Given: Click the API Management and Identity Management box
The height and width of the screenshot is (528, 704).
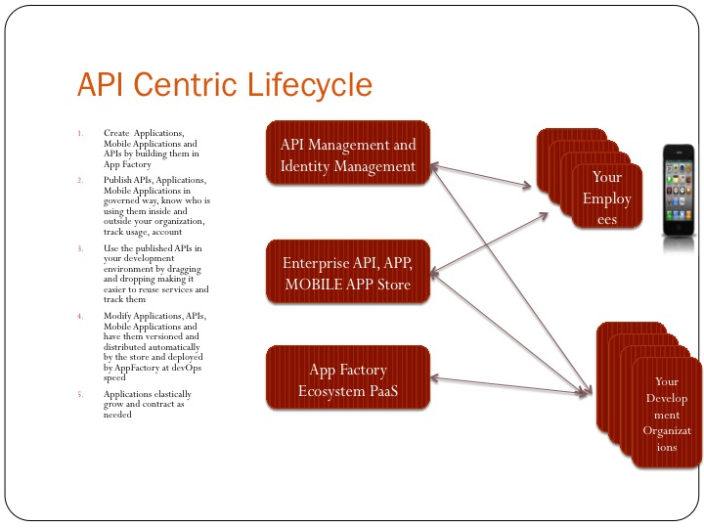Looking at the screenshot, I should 348,154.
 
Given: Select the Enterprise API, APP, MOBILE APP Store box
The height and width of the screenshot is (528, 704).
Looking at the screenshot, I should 348,273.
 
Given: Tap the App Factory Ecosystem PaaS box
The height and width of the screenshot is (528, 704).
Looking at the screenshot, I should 348,380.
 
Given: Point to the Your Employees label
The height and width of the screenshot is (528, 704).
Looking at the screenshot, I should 606,198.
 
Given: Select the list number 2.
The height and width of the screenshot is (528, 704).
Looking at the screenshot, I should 82,181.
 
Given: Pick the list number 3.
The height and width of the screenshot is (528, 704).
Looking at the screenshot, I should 82,248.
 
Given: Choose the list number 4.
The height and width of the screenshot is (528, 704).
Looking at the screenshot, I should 82,316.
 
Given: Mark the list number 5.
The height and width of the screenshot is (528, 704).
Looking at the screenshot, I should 82,394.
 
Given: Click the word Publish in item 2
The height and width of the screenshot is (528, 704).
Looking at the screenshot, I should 117,181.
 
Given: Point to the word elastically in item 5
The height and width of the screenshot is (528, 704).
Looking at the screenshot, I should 170,394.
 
